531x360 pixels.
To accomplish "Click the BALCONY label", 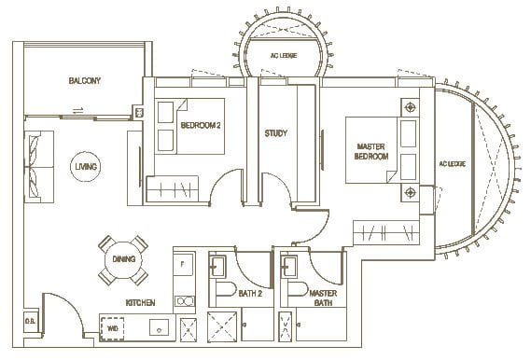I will click(x=84, y=81).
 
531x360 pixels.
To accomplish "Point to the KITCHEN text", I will click(x=142, y=303).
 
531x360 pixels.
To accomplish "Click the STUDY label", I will click(x=275, y=132).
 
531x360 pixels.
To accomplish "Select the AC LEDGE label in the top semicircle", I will click(x=281, y=54).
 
